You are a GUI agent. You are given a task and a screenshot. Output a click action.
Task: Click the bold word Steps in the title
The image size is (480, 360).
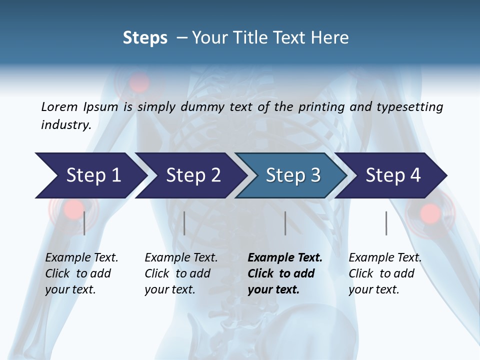pos(145,38)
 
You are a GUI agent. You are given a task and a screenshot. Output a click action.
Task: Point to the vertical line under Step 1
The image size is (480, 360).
pos(84,223)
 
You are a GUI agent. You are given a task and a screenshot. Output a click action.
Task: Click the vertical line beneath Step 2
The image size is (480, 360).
pos(184,223)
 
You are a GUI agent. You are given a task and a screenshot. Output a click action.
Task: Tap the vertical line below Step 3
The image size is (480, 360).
pos(285,223)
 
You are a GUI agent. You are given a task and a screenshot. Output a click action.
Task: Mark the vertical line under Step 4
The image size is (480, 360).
pos(386,223)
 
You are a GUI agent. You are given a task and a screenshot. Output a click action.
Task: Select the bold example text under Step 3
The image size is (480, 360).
pos(285,273)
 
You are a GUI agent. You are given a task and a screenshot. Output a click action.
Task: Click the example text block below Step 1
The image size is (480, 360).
pos(81,273)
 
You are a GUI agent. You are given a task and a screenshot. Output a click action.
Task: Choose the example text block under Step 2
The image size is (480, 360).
pos(181,273)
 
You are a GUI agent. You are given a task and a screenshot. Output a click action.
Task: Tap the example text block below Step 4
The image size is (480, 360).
pos(385,273)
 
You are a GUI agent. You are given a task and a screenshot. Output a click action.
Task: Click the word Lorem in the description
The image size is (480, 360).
pos(59,107)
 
